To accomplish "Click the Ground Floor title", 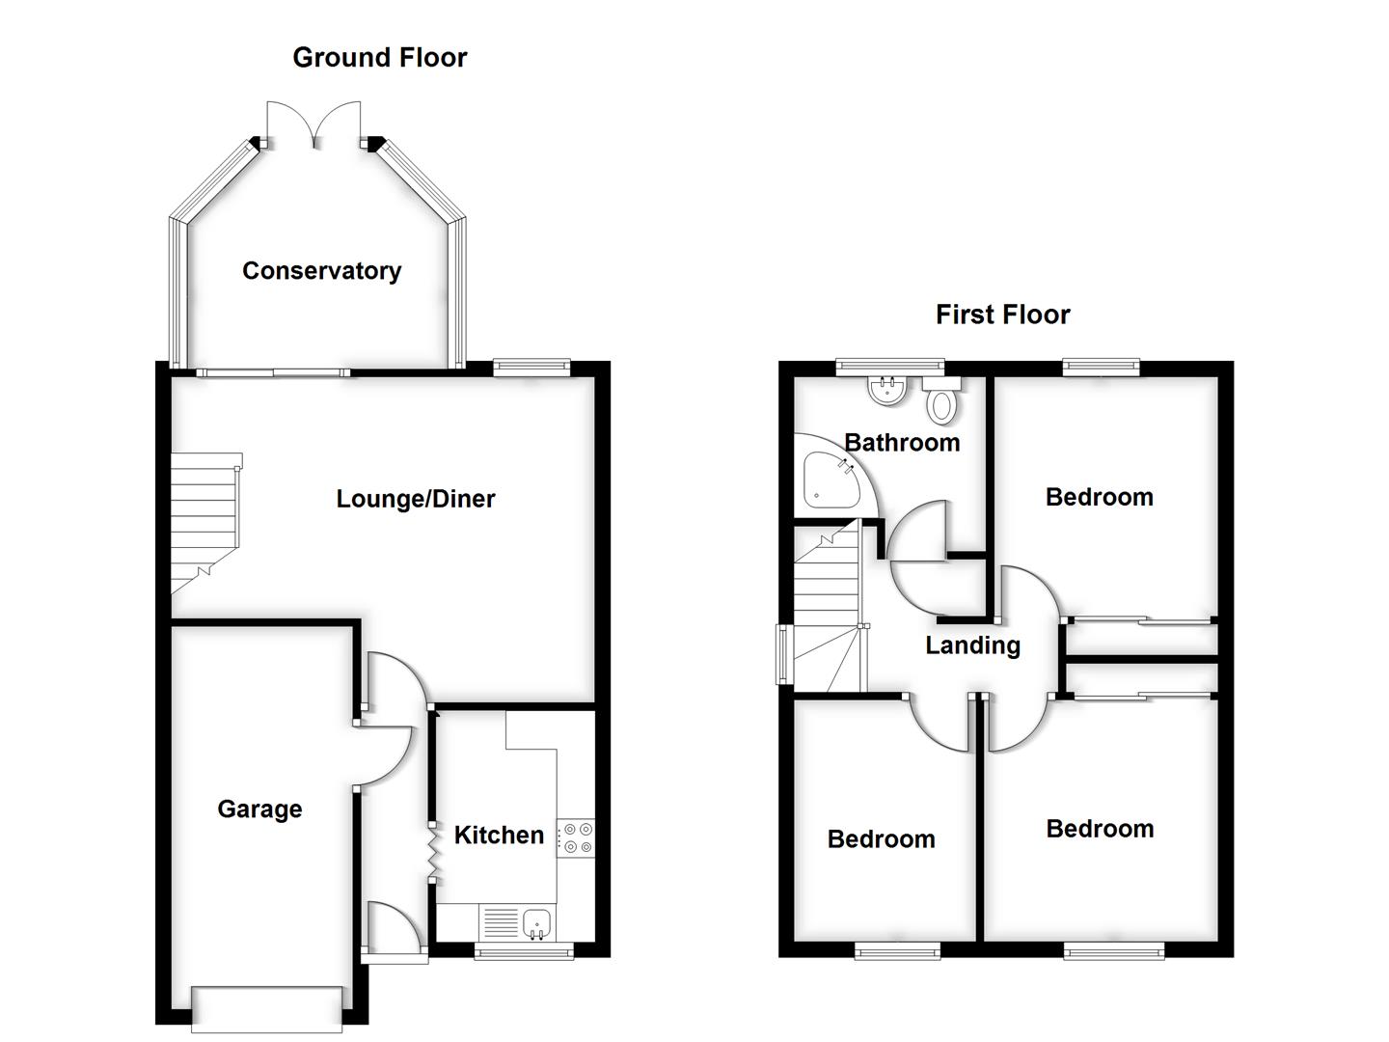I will pyautogui.click(x=380, y=58).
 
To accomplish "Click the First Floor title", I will pyautogui.click(x=1002, y=315).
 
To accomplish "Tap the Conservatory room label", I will pyautogui.click(x=321, y=271).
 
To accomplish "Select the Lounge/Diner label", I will pyautogui.click(x=415, y=499).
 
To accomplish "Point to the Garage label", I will pyautogui.click(x=259, y=809).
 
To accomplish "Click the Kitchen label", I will pyautogui.click(x=499, y=836).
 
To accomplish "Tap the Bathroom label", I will pyautogui.click(x=902, y=443).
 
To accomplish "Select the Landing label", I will pyautogui.click(x=972, y=645).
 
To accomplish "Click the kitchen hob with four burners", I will pyautogui.click(x=577, y=837).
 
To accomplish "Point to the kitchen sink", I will pyautogui.click(x=536, y=923).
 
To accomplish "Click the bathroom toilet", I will pyautogui.click(x=941, y=399).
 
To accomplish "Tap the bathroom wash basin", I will pyautogui.click(x=886, y=390).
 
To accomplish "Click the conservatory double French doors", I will pyautogui.click(x=314, y=125).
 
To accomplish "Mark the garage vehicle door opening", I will pyautogui.click(x=267, y=1009).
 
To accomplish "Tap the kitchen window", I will pyautogui.click(x=524, y=952).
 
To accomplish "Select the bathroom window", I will pyautogui.click(x=890, y=367).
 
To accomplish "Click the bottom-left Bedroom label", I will pyautogui.click(x=881, y=839).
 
